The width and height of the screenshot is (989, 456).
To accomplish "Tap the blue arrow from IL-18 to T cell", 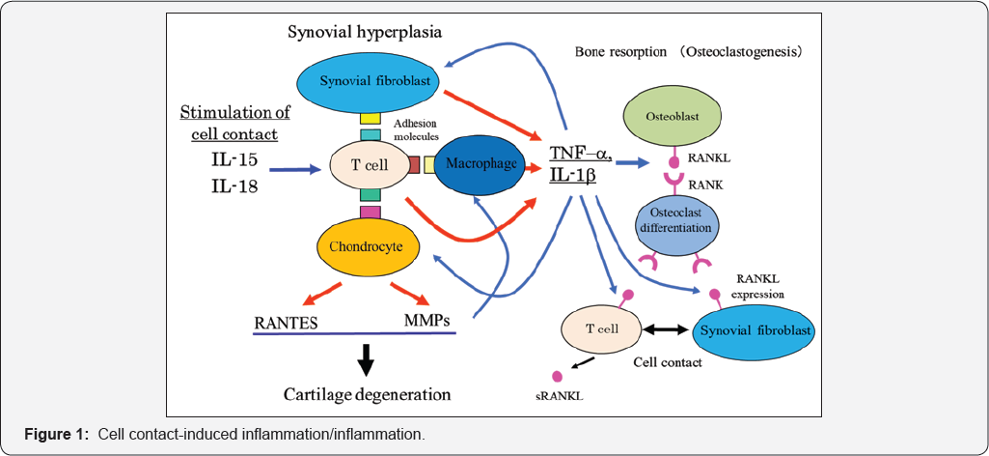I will [294, 171].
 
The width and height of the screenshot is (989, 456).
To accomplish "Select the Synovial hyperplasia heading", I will [365, 32].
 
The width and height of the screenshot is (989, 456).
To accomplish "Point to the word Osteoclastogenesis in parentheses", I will [759, 50].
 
